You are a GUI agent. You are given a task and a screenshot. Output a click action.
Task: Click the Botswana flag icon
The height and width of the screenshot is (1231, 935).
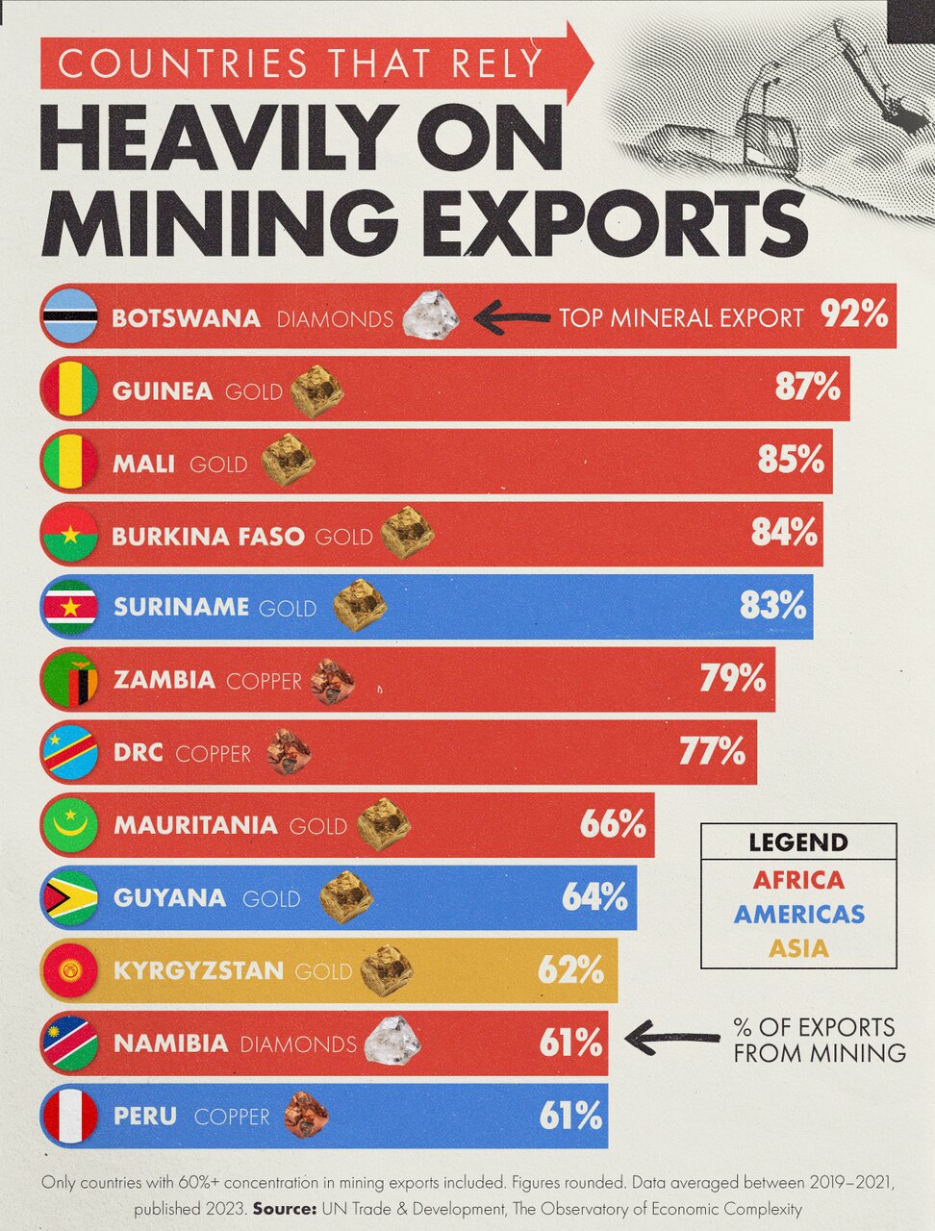coord(69,316)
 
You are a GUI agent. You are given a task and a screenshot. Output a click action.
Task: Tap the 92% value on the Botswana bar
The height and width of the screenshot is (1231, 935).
coord(854,314)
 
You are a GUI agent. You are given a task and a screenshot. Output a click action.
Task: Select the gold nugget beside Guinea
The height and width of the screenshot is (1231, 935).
coord(316,390)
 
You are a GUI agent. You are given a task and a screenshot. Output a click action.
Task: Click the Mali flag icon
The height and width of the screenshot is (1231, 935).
coord(69,462)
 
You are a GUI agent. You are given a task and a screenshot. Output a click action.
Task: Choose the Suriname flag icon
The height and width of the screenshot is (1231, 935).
coord(69,607)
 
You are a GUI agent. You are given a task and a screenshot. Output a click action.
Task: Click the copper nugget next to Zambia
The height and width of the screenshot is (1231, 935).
coord(333,681)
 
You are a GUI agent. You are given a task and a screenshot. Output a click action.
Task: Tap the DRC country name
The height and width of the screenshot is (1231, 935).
coord(138,753)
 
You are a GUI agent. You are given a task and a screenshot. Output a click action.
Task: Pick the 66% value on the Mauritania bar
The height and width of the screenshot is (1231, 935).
coord(613,824)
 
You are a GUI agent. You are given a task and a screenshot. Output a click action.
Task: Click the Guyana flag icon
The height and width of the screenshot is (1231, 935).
coord(69,897)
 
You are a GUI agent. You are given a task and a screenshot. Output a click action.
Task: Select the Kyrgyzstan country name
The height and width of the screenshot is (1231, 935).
coord(199,970)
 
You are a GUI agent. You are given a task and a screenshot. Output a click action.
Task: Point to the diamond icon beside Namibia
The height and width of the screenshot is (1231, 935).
coord(392,1042)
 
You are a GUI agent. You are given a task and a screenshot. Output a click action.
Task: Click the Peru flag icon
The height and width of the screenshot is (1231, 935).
coord(69,1116)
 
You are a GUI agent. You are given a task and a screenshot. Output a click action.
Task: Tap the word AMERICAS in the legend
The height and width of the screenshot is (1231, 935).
coord(798,914)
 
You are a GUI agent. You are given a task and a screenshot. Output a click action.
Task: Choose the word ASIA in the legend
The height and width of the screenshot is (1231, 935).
coord(798,948)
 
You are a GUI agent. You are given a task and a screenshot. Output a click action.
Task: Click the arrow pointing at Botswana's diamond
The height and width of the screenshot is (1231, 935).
coord(512,317)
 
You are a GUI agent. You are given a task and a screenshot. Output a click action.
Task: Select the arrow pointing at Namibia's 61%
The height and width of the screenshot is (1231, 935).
coord(672,1038)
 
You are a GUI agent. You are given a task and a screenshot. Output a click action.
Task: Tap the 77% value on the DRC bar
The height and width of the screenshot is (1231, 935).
coord(712,751)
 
